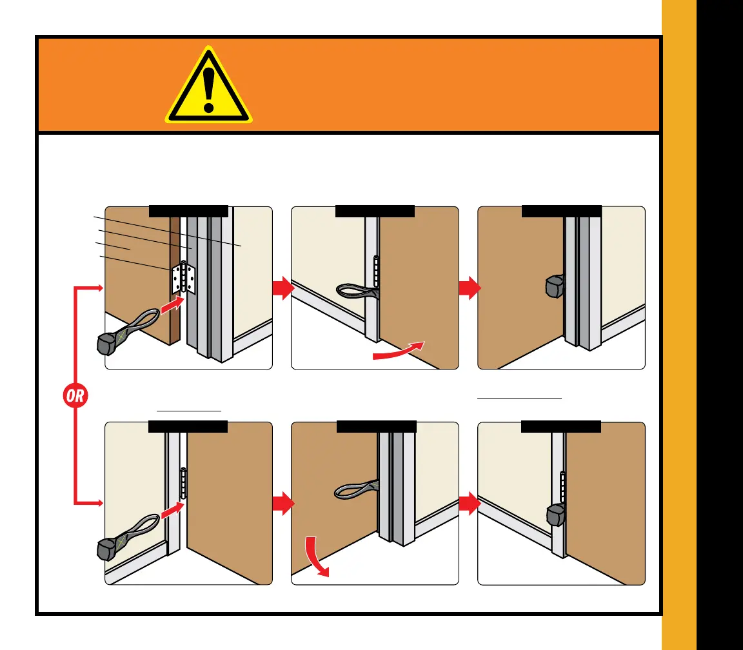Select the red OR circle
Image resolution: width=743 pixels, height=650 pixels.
pyautogui.click(x=75, y=395)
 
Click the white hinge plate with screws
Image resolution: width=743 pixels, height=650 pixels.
pyautogui.click(x=183, y=278)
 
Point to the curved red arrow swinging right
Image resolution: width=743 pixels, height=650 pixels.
pyautogui.click(x=399, y=350)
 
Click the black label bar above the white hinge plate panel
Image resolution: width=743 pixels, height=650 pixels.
pyautogui.click(x=188, y=211)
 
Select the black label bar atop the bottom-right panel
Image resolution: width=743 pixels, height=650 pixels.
pyautogui.click(x=560, y=426)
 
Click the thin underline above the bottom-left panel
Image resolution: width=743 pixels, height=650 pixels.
pyautogui.click(x=189, y=410)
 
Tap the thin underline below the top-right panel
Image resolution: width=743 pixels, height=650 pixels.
pyautogui.click(x=519, y=399)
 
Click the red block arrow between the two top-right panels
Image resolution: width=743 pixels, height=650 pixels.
pyautogui.click(x=469, y=288)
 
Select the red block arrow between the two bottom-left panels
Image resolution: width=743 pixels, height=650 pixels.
pyautogui.click(x=282, y=503)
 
